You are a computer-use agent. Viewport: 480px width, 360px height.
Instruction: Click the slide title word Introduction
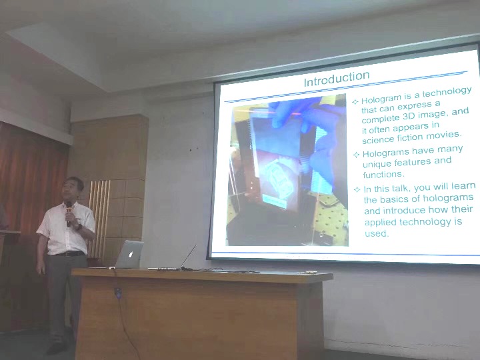coord(337,79)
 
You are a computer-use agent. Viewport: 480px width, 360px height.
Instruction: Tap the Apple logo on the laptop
coord(131,254)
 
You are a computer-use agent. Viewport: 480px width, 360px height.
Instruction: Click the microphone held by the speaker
coord(69,213)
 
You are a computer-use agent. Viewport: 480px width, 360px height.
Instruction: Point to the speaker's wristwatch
coord(79,227)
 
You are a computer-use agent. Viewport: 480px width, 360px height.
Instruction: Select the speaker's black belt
coord(71,254)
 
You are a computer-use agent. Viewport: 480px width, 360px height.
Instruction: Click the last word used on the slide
coord(376,233)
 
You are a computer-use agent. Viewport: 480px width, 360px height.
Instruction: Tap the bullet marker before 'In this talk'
coord(357,189)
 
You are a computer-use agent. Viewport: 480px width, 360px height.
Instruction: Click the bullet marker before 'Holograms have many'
coord(356,155)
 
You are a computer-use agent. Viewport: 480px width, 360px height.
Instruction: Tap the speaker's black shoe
coord(56,348)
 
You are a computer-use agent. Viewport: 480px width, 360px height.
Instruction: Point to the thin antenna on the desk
coord(188,256)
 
